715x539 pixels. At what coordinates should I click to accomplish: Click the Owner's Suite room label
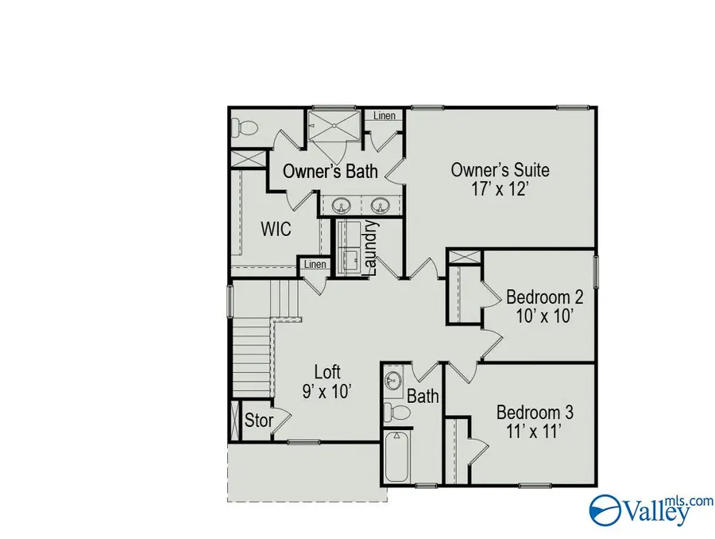(x=500, y=170)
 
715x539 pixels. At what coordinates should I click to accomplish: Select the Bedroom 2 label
(x=545, y=297)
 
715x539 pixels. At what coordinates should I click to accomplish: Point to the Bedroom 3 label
(x=535, y=413)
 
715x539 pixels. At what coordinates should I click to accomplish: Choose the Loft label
(x=327, y=371)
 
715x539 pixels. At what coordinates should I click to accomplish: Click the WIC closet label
(x=276, y=230)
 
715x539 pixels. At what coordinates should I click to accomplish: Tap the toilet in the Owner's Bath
(x=243, y=126)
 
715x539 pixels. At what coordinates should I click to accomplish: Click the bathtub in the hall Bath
(x=396, y=456)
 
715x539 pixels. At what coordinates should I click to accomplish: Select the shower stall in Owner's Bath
(x=334, y=124)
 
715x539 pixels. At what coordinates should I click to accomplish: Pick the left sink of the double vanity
(x=342, y=206)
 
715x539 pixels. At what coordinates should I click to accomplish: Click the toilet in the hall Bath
(x=396, y=412)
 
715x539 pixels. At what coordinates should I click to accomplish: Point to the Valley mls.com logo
(x=640, y=508)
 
